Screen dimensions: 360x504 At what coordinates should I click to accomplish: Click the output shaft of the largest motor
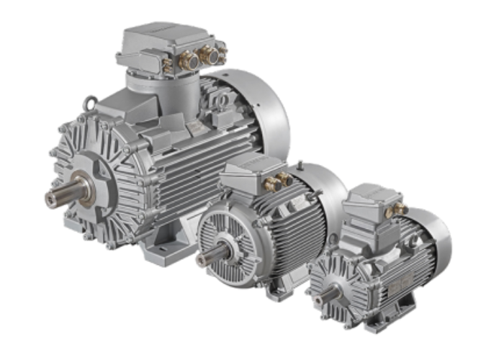coord(58,197)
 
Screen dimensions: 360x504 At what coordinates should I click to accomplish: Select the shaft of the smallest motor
coord(318,293)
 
